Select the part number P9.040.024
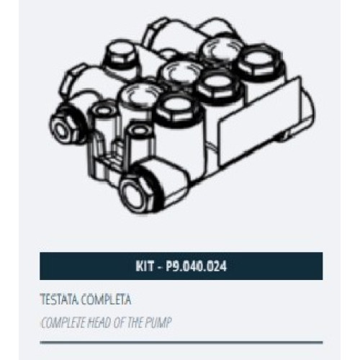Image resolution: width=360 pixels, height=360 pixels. pos(197,266)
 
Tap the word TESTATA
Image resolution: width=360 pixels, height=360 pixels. pos(60,300)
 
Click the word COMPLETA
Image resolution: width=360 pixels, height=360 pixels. pos(106,300)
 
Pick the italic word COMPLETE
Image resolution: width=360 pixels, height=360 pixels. pos(63,323)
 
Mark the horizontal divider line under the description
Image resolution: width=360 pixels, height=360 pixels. pos(181,343)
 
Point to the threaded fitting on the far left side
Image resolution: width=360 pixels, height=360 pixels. pos(66,127)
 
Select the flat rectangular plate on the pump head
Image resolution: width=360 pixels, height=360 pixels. pos(261,121)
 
